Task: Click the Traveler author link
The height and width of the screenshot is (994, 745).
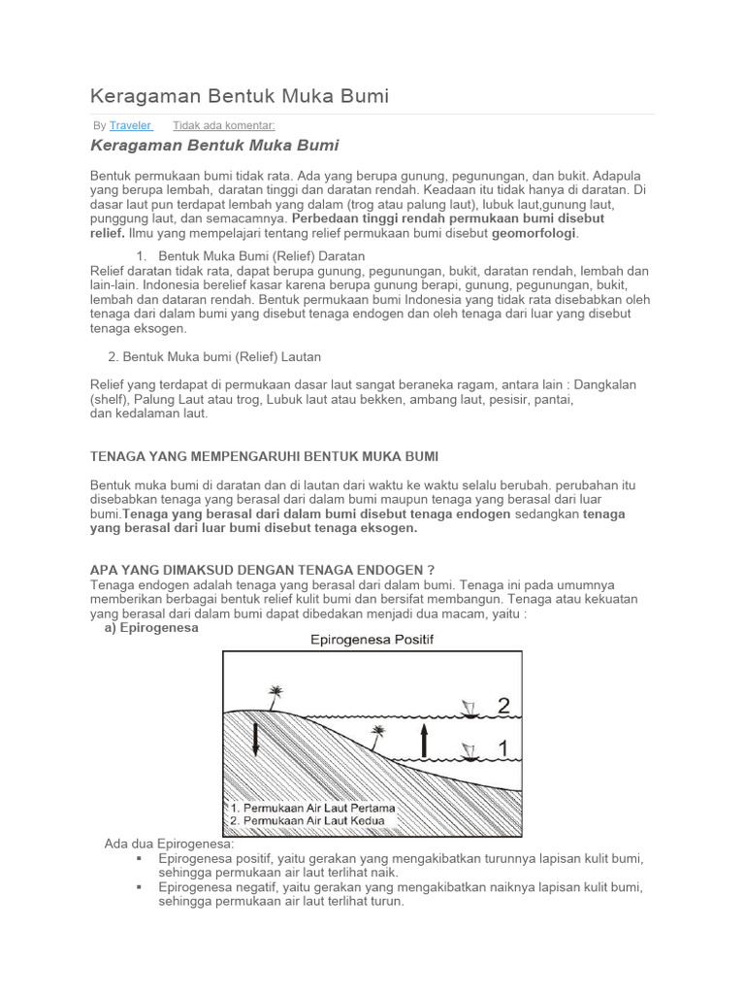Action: [x=130, y=125]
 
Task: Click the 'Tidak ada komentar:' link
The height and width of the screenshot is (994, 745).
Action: [x=223, y=125]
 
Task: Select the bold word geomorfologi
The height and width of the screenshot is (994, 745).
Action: [x=534, y=234]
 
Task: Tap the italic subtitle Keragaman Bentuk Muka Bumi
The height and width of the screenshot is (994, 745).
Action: [x=214, y=146]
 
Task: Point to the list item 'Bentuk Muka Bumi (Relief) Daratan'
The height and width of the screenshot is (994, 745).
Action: [x=262, y=256]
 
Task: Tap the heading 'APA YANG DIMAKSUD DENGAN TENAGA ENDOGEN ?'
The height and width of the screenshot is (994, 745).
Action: [x=262, y=571]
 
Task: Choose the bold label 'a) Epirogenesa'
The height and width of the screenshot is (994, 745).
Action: [x=151, y=627]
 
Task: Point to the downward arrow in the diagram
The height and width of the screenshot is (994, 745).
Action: [x=254, y=739]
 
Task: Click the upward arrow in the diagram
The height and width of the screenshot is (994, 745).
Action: [x=423, y=743]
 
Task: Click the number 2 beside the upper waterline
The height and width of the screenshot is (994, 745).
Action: [x=502, y=707]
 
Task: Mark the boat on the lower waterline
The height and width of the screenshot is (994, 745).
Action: [x=470, y=753]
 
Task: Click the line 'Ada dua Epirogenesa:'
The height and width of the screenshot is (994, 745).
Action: [x=169, y=844]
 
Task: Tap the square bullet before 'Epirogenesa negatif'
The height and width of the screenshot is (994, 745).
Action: [x=140, y=887]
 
